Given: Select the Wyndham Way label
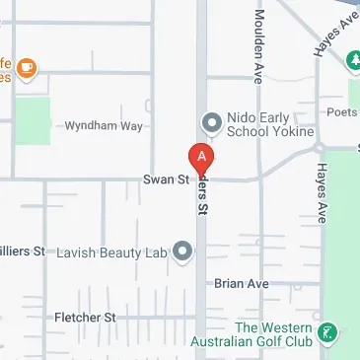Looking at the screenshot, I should click(104, 127).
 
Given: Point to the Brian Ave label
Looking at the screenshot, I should click(242, 283).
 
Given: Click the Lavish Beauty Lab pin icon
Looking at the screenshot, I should click(182, 252).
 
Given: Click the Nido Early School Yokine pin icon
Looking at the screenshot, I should click(209, 122).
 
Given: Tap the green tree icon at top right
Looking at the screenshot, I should click(353, 63).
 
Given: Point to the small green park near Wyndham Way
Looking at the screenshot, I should click(36, 119).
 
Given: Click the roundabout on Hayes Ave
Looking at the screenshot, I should click(319, 149).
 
